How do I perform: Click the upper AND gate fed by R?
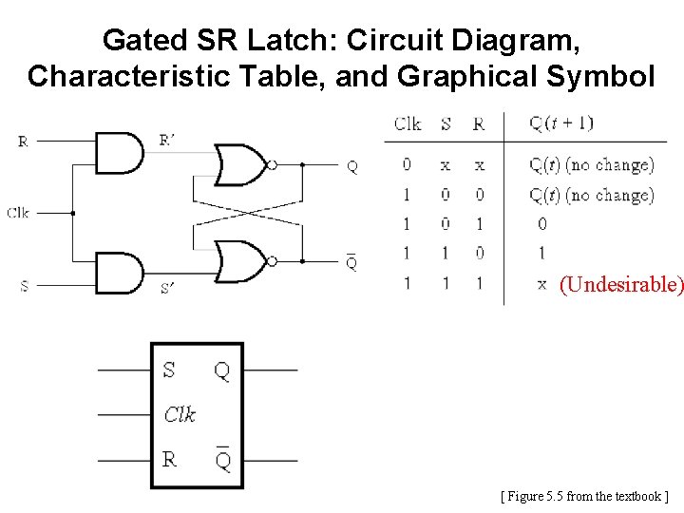pos(119,153)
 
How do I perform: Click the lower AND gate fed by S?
pos(119,273)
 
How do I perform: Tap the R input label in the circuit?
pos(23,142)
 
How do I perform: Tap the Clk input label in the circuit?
pos(18,213)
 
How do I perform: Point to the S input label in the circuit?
pos(24,285)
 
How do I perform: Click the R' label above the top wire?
pos(166,141)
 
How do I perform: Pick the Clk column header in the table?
pos(408,123)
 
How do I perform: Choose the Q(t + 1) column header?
pos(561,123)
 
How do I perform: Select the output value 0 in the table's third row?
pos(541,224)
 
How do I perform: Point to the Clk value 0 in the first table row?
pos(407,164)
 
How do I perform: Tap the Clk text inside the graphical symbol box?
pos(180,414)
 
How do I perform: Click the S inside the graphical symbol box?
pos(169,370)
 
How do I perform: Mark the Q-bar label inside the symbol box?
pos(222,461)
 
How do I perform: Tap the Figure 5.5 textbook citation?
pos(584,496)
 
